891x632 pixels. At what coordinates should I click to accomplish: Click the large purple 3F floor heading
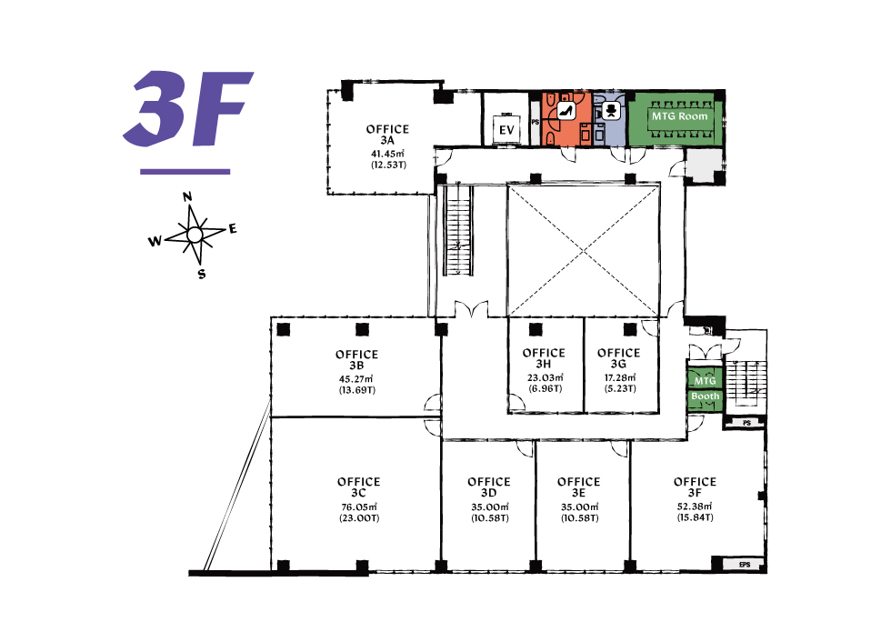coord(187,108)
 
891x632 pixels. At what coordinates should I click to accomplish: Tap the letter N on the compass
coord(187,197)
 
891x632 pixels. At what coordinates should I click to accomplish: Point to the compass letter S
coord(201,274)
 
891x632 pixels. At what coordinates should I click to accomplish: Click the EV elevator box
coord(506,130)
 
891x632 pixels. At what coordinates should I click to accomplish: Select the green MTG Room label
coord(680,116)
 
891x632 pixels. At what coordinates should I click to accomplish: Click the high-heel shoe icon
coord(566,111)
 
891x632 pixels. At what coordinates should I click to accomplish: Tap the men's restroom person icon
coord(611,110)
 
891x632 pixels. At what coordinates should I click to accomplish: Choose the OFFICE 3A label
coord(387,135)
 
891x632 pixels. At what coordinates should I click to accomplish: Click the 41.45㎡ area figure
coord(387,154)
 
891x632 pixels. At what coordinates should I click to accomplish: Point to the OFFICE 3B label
coord(356,360)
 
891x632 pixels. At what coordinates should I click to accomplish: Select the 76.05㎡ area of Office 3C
coord(359,507)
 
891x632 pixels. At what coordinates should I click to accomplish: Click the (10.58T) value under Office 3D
coord(490,518)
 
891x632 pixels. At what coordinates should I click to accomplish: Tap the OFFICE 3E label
coord(578,487)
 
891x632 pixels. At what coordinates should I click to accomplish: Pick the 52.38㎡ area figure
coord(695,506)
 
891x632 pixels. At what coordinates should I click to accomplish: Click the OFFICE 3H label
coord(544,358)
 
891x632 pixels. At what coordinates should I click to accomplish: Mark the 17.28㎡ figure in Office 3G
coord(620,377)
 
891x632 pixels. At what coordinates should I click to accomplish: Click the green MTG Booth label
coord(706,388)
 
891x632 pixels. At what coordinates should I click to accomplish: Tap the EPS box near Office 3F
coord(745,565)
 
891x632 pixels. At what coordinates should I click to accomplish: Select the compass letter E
coord(233,229)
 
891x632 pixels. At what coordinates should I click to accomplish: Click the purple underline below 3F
coord(185,171)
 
